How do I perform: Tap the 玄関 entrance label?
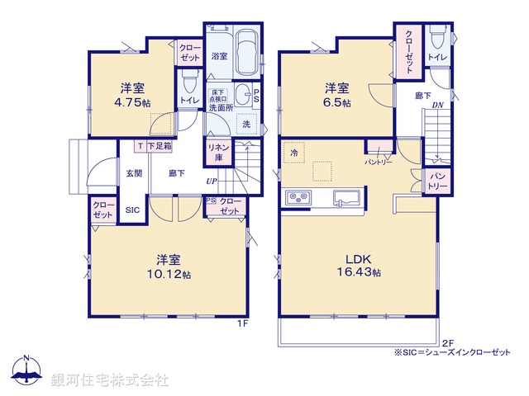point(134,174)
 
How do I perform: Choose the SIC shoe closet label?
point(132,210)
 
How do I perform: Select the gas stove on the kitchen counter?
point(298,199)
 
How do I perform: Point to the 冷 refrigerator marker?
point(293,153)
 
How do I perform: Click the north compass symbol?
point(26,372)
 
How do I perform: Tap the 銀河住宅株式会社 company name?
point(108,379)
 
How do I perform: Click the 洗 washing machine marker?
point(245,124)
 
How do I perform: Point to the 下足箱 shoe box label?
point(160,146)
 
